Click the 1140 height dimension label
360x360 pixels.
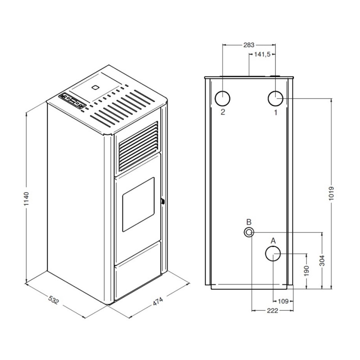(x=27, y=198)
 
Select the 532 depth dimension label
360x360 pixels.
(x=54, y=300)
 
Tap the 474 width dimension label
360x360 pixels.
(x=158, y=301)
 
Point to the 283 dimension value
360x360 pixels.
(x=249, y=45)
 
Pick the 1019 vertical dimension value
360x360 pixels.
(x=331, y=193)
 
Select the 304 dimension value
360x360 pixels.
(x=322, y=261)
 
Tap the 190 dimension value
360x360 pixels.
(x=306, y=271)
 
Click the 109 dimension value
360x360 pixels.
(x=283, y=301)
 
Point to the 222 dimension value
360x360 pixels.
(x=272, y=310)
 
